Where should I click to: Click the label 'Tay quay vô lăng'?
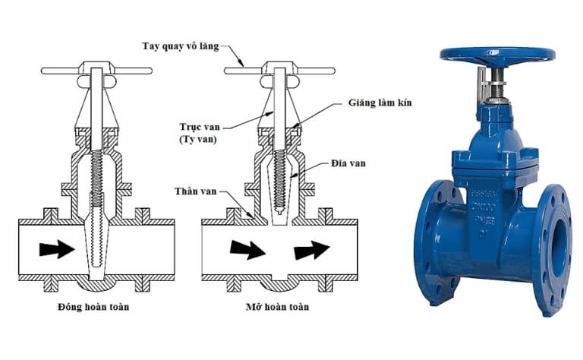(x=180, y=46)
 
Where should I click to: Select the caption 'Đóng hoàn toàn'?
(x=93, y=308)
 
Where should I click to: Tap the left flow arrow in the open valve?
(x=247, y=249)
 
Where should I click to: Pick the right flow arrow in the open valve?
(x=312, y=249)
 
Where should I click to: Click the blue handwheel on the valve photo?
(x=497, y=55)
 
